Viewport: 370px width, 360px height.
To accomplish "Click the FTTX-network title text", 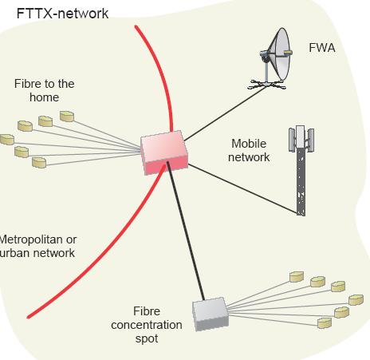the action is (62, 14).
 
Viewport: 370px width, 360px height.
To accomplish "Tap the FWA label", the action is (322, 48).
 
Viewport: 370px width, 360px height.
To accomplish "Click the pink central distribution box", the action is (164, 152).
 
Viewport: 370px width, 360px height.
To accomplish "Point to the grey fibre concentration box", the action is (211, 314).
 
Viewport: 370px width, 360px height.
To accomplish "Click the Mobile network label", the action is (249, 150).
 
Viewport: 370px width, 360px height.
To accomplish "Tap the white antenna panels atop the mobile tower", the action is (301, 137).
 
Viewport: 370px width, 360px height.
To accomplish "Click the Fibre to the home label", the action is (44, 90).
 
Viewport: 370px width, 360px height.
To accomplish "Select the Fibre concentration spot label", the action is (147, 325).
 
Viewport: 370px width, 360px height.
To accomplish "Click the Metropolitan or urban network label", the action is (37, 247).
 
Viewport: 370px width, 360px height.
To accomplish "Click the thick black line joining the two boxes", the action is (186, 231).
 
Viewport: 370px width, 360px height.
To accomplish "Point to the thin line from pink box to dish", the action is (225, 113).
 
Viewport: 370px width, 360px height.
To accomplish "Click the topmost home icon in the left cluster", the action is (67, 117).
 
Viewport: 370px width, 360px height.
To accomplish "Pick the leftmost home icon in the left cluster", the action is (6, 140).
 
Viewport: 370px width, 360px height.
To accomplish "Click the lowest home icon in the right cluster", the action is (325, 323).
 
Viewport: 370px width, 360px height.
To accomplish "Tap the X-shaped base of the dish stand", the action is (266, 85).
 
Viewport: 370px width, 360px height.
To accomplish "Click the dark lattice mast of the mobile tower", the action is (301, 182).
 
